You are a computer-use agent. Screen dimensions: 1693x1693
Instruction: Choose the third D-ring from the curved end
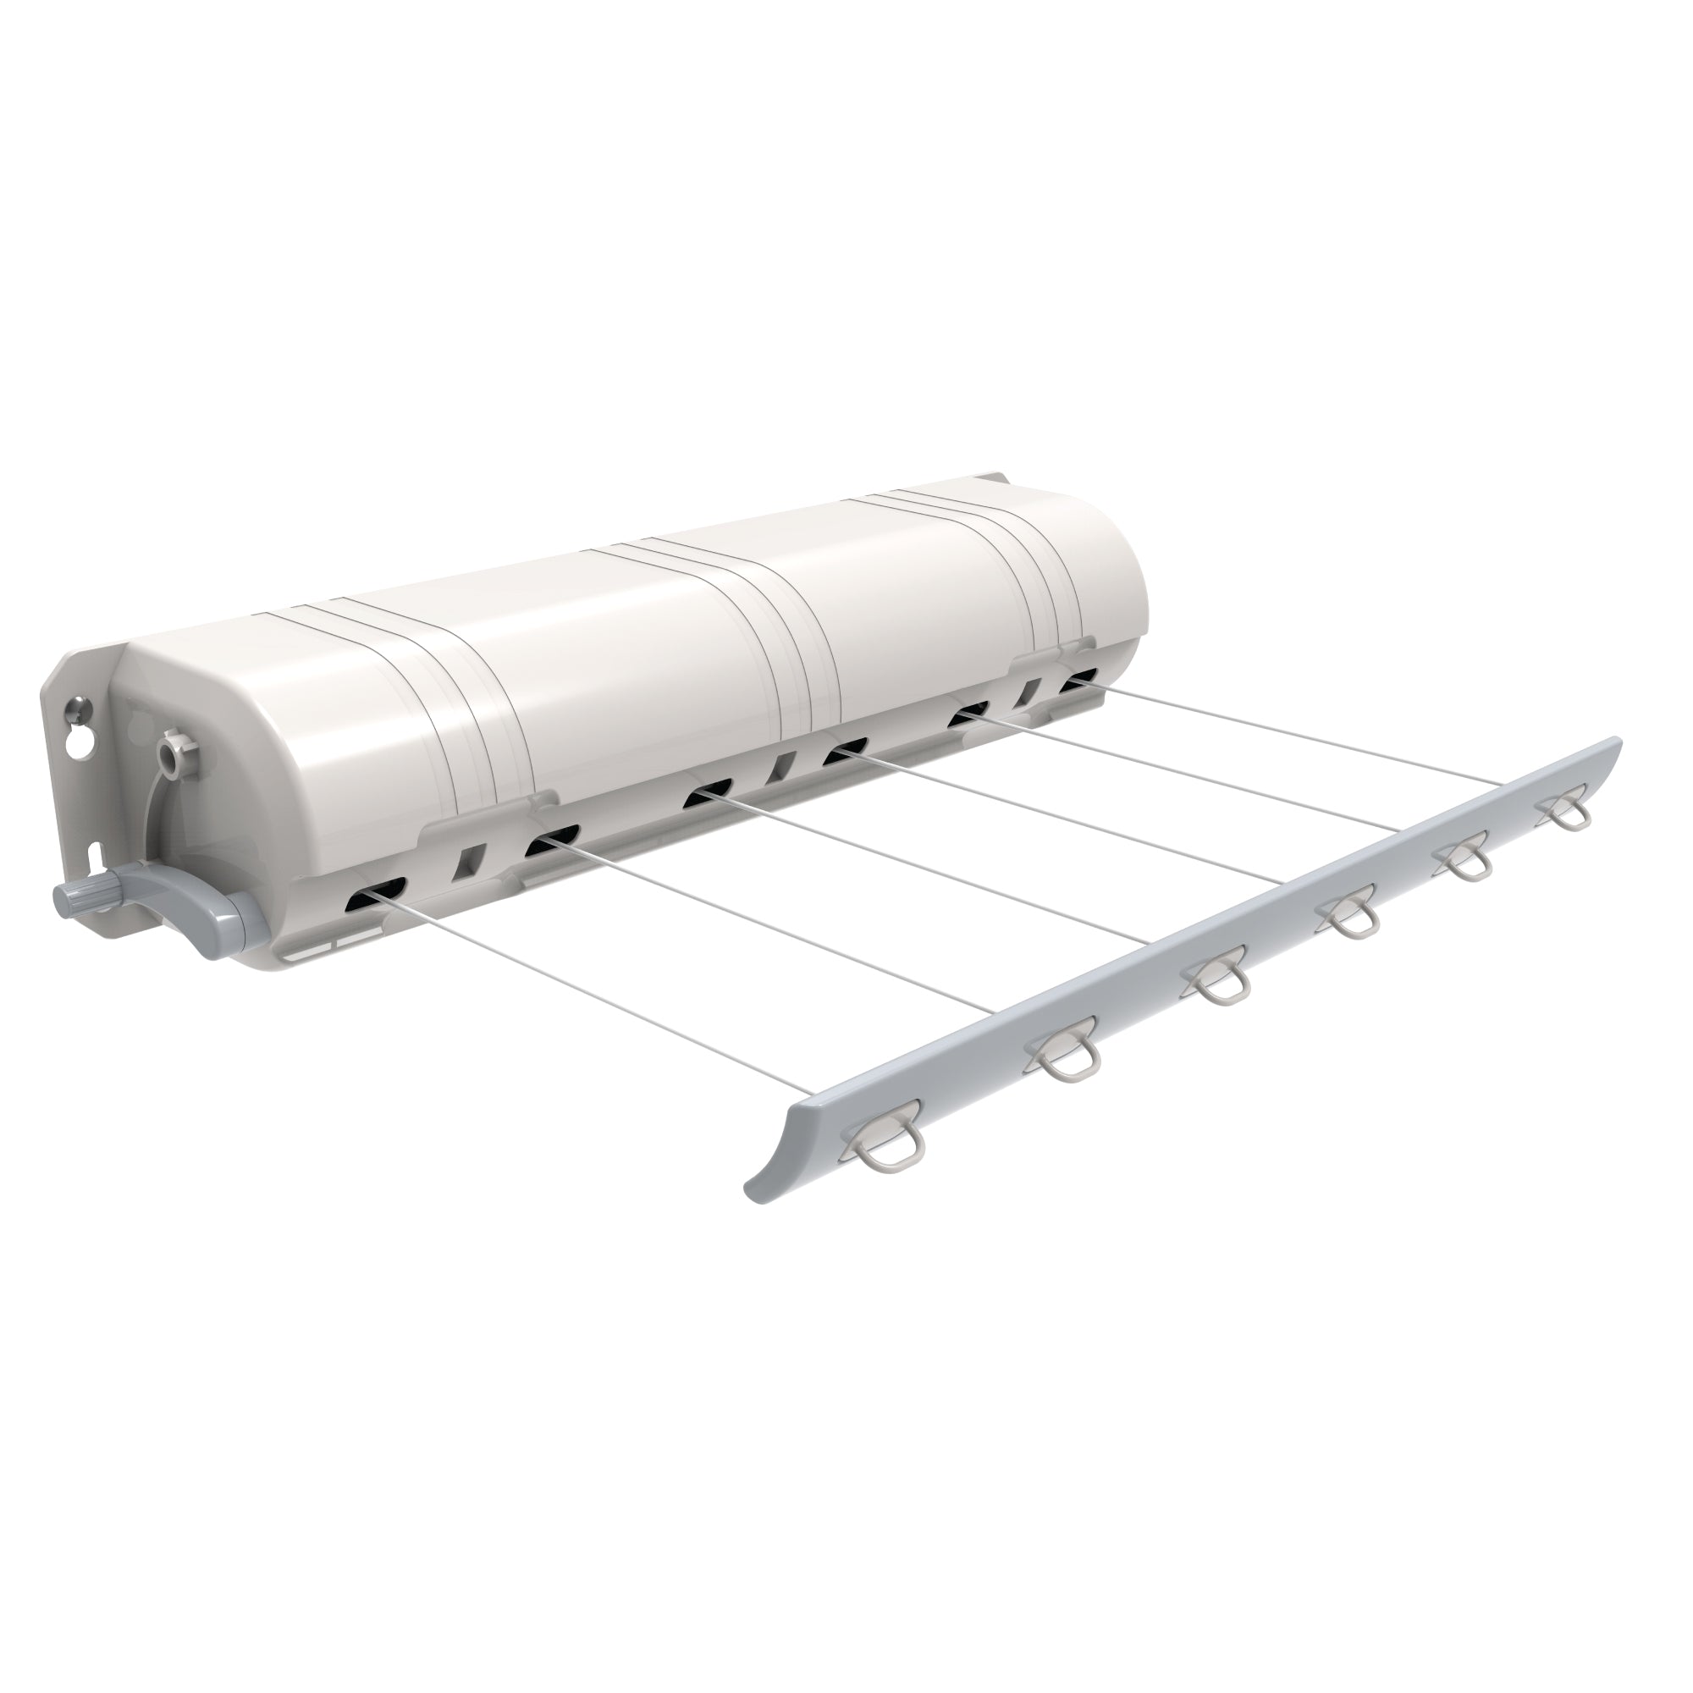pyautogui.click(x=1217, y=989)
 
